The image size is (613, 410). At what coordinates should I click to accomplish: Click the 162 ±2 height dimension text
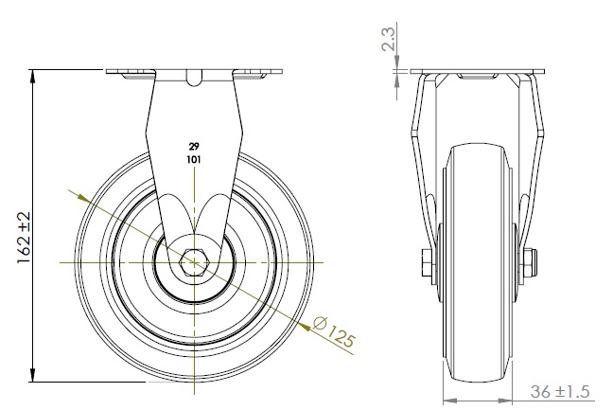24,238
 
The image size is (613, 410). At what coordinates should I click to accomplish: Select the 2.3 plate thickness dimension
389,39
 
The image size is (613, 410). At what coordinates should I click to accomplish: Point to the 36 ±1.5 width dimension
560,391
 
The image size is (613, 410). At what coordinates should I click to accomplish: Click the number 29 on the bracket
194,147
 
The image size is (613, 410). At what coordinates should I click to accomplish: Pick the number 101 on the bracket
194,160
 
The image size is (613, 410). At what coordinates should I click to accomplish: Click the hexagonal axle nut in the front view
194,262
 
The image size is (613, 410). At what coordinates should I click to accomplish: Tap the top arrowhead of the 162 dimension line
33,77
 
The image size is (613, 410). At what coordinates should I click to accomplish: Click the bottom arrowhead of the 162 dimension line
33,375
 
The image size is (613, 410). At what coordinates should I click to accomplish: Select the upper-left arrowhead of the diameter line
84,199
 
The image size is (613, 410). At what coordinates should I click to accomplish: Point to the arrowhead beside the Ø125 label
305,326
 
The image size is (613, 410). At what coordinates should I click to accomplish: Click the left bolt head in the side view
426,261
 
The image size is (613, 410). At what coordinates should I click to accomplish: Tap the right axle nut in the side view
530,262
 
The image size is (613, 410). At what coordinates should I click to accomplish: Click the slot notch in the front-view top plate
194,78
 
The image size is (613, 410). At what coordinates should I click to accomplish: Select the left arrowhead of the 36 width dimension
450,401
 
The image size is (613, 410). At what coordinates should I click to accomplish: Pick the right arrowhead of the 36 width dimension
505,401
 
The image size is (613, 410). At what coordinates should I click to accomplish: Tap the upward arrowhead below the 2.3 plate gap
396,80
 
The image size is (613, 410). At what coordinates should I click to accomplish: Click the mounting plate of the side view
477,72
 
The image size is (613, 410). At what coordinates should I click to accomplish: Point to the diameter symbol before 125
320,323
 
